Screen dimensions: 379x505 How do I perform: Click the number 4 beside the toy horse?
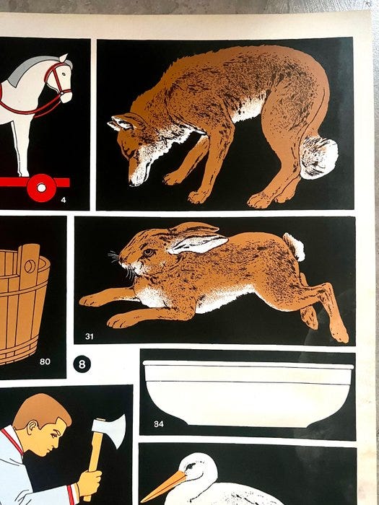pyautogui.click(x=64, y=200)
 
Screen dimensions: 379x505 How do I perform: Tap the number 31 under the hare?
pyautogui.click(x=90, y=337)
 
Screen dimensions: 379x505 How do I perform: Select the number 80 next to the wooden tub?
pyautogui.click(x=45, y=361)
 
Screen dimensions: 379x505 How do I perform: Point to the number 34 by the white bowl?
pyautogui.click(x=159, y=424)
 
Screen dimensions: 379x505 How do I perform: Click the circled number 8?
pyautogui.click(x=82, y=364)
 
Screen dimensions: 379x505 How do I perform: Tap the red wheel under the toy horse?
pyautogui.click(x=41, y=188)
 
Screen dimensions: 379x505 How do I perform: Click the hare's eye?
pyautogui.click(x=148, y=252)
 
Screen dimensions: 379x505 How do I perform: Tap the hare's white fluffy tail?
pyautogui.click(x=294, y=247)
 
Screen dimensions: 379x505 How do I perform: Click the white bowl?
pyautogui.click(x=248, y=394)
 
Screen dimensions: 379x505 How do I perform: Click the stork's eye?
pyautogui.click(x=191, y=466)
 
